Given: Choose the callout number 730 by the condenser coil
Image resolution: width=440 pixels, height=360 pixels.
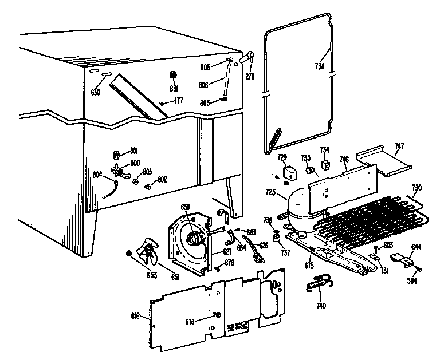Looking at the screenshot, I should click(417, 188).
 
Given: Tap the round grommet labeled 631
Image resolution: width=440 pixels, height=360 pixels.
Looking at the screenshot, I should click(174, 76).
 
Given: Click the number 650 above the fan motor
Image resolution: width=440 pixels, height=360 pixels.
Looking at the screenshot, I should click(185, 207).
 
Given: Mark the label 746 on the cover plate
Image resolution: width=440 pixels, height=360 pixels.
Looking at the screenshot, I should click(344, 160).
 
